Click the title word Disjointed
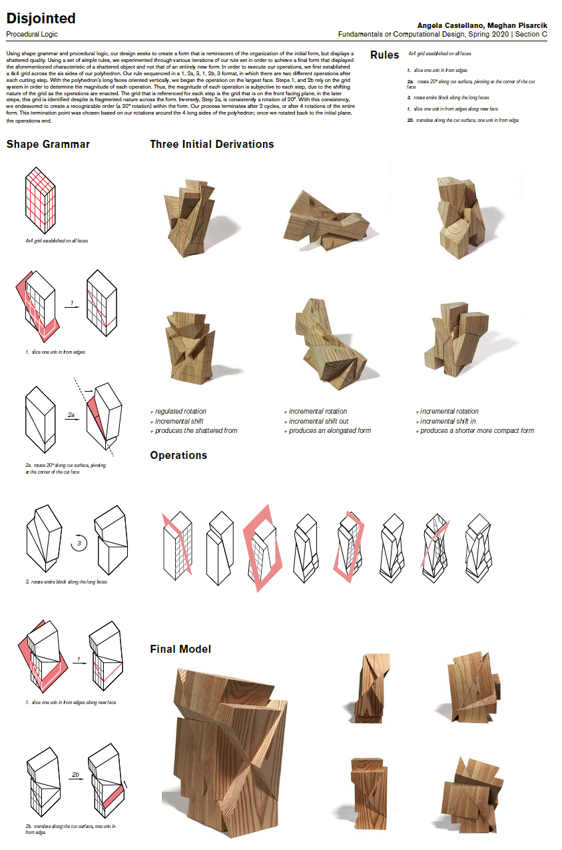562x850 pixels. pos(41,18)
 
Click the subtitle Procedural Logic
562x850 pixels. pos(31,33)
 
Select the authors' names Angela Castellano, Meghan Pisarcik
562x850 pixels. pos(482,25)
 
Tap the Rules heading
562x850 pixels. pos(384,55)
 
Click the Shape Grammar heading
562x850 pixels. pos(48,144)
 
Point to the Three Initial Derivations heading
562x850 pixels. pos(211,144)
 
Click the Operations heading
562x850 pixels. pos(178,456)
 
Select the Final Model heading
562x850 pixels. pos(180,649)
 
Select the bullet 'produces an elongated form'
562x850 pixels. pos(330,431)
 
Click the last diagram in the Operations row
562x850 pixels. pos(479,551)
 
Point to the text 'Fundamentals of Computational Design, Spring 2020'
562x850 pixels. pos(425,34)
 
